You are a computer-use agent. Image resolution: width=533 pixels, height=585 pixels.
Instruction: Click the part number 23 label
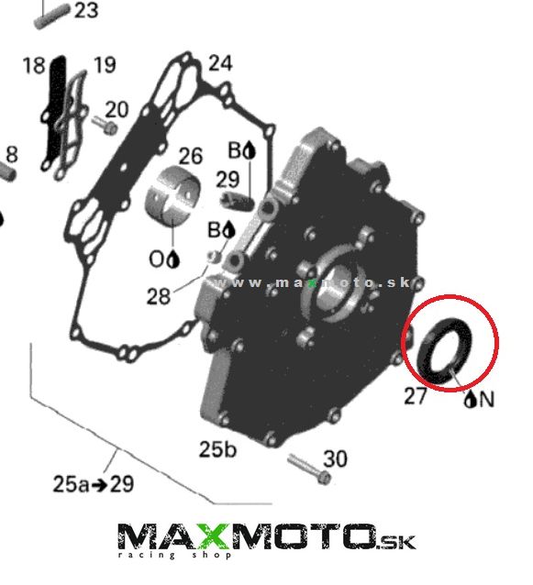point(86,10)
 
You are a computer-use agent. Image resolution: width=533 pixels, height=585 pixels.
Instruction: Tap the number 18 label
point(34,66)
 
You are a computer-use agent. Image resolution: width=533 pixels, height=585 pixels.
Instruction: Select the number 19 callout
point(105,65)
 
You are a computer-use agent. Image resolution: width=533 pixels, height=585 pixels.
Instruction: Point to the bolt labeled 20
point(105,125)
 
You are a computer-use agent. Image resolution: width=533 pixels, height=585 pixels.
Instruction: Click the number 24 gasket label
point(220,63)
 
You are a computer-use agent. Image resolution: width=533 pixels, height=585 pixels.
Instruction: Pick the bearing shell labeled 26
point(172,195)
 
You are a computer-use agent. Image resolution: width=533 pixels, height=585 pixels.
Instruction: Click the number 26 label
point(191,156)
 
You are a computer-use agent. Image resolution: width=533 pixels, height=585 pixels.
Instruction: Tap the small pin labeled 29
point(238,200)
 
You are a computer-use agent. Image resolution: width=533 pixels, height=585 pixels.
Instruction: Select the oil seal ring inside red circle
point(444,351)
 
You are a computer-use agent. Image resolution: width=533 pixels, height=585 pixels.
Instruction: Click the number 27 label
point(415,396)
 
